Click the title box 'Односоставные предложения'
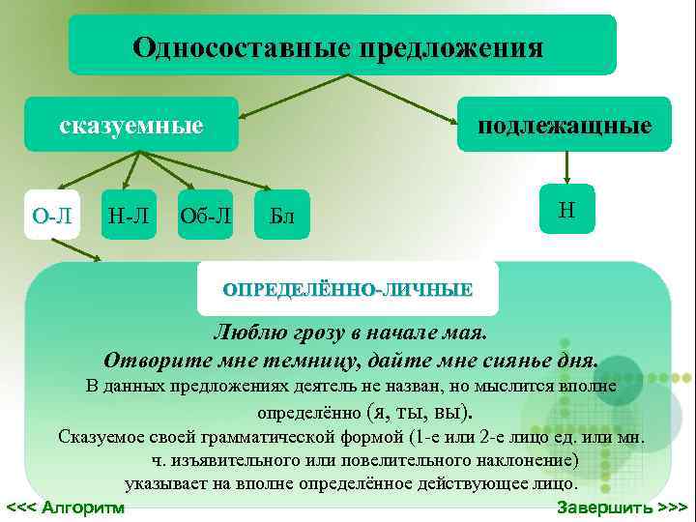tap(341, 45)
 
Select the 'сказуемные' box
tap(131, 125)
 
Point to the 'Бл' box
tap(281, 215)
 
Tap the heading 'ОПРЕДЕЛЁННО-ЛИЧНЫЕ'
tap(348, 289)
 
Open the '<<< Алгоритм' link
tap(66, 507)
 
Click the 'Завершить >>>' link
tap(623, 507)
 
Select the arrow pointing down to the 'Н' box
tap(567, 168)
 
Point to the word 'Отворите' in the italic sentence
tap(157, 362)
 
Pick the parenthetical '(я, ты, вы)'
tap(422, 413)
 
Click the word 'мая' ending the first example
tap(467, 334)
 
